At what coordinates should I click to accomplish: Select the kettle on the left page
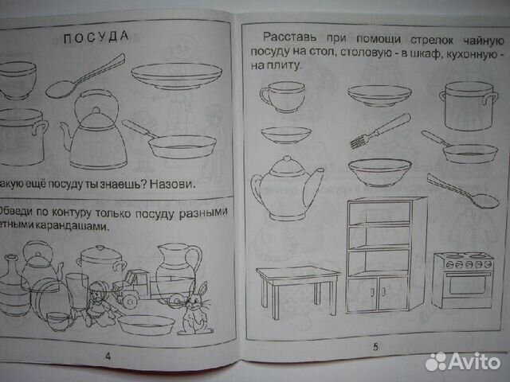[x=93, y=132]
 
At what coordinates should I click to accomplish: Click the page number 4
[x=108, y=357]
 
